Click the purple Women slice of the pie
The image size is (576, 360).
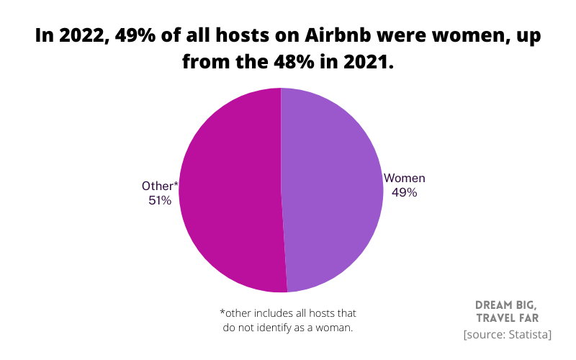[x=331, y=191]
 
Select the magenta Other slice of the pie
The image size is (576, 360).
[x=230, y=191]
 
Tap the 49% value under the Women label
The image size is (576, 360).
[x=404, y=192]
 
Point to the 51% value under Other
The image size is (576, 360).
[x=160, y=201]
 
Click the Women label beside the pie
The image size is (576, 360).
[x=405, y=178]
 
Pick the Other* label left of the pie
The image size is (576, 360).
[x=160, y=186]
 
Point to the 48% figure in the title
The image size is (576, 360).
[x=300, y=63]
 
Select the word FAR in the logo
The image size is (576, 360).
[x=532, y=318]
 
